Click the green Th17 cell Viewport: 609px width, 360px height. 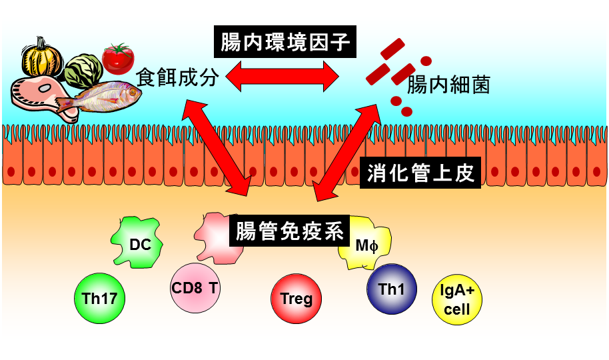(99, 297)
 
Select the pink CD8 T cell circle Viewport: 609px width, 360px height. (195, 288)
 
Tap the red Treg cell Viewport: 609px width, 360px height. (297, 299)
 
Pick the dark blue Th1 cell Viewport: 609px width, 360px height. (392, 289)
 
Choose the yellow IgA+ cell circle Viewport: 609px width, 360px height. (456, 301)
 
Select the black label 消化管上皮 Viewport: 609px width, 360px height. (420, 173)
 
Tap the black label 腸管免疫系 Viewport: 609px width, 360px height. (289, 231)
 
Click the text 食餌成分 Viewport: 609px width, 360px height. (177, 77)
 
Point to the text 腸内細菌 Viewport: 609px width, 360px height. (449, 85)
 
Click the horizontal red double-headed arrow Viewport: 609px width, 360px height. (281, 77)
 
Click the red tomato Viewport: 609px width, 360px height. (119, 58)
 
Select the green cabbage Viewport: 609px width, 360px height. (83, 69)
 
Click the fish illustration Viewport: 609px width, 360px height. (100, 99)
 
